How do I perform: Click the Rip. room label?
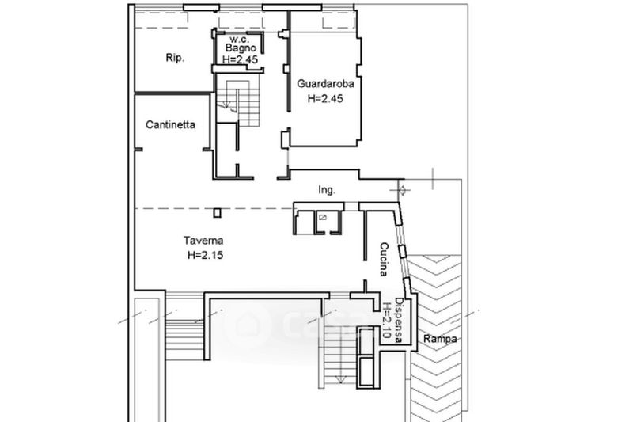pos(175,58)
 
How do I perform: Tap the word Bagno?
pos(241,48)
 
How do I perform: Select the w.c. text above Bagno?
pos(240,40)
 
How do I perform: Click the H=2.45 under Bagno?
pos(241,59)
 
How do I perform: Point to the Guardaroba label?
pos(325,84)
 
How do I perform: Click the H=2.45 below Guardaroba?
pos(325,98)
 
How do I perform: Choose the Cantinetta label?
pos(170,125)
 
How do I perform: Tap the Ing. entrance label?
pos(327,190)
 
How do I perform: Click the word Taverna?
pos(203,241)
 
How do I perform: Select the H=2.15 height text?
pos(206,255)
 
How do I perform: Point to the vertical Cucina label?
pos(384,259)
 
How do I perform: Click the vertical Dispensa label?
pos(399,320)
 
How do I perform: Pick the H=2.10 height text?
pos(387,321)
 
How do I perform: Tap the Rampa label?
pos(440,339)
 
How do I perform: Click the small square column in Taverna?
pos(217,212)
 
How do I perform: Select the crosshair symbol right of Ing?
pos(403,190)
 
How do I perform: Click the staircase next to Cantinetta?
pos(237,101)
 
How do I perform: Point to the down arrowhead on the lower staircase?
pos(341,379)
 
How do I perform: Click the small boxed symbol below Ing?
pos(323,217)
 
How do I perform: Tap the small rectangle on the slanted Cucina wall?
pos(403,251)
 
